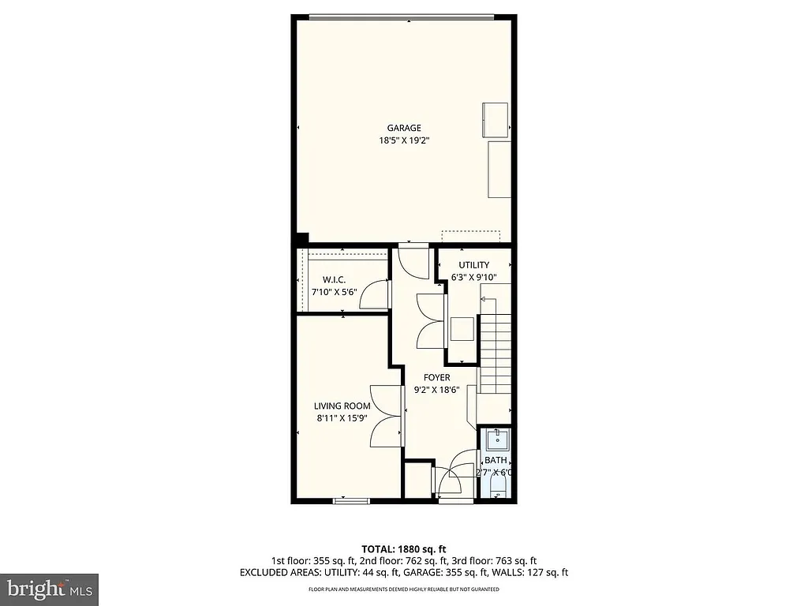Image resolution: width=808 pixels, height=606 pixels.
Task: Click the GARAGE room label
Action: point(403,128)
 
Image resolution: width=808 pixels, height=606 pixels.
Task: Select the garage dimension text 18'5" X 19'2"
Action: point(403,140)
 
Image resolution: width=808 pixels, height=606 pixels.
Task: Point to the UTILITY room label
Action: point(474,265)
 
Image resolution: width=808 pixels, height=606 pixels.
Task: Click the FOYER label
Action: point(436,377)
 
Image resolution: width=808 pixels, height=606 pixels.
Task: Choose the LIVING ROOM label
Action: point(342,406)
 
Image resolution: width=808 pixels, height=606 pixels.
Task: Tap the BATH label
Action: point(496,460)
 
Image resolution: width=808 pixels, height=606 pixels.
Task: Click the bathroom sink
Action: point(496,440)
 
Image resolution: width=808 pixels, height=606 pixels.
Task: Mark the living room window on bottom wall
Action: point(351,500)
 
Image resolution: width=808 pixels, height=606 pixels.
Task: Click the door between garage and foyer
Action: point(413,261)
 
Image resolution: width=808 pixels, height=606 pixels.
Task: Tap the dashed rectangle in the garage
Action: point(471,238)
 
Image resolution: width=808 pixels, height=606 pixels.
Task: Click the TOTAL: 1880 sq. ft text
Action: point(404,548)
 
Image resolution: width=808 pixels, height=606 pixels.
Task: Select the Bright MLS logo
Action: point(49,589)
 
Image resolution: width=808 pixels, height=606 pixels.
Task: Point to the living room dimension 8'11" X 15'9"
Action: point(342,419)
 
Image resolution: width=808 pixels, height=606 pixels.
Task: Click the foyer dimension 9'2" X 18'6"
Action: point(436,390)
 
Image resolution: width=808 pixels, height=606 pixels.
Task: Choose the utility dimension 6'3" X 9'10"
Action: point(474,278)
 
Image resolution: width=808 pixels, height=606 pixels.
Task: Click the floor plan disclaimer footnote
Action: point(404,589)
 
